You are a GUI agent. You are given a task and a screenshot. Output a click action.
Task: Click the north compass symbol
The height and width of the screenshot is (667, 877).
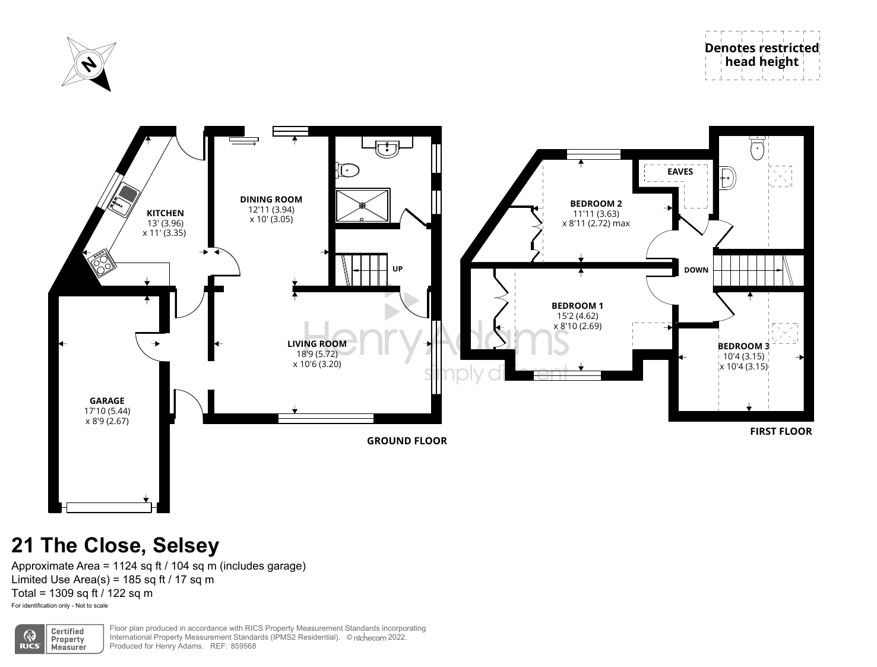90,64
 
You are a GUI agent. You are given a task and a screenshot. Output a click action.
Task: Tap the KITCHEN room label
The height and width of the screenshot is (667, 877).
165,213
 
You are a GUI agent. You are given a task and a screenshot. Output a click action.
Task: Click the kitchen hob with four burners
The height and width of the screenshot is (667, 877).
101,263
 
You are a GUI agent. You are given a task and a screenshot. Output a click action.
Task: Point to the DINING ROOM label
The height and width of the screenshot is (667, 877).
271,200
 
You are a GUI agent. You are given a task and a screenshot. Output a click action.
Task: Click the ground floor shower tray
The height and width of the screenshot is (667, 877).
362,206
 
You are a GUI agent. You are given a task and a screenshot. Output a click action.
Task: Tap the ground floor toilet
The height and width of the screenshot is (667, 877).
348,170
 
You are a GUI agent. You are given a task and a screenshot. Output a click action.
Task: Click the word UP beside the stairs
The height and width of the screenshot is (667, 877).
397,269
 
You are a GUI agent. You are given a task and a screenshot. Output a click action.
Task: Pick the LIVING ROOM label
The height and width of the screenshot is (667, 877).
317,344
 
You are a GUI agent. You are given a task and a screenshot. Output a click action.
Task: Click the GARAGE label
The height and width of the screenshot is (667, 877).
107,401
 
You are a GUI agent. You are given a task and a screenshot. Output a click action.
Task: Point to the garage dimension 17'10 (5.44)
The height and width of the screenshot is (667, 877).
107,411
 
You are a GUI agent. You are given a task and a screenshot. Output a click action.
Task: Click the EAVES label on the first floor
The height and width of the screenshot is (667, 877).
680,172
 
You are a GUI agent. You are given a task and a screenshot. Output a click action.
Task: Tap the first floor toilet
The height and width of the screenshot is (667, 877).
757,147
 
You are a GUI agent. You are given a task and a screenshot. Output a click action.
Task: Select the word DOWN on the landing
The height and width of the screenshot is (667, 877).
696,270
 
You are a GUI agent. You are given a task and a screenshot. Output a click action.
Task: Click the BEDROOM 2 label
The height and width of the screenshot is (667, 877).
596,203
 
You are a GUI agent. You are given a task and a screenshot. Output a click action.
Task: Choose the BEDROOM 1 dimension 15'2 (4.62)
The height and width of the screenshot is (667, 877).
577,316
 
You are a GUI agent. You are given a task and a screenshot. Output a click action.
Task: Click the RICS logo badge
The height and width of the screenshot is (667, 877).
30,639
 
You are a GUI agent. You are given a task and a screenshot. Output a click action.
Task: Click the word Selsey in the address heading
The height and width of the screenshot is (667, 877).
186,545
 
